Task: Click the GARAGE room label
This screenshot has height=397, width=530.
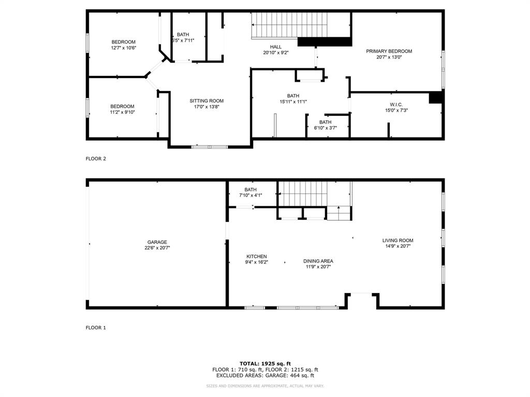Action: (157, 242)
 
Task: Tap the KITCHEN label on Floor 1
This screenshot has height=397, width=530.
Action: (256, 256)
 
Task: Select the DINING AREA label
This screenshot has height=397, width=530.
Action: (318, 261)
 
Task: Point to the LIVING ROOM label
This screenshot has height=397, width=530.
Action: (397, 240)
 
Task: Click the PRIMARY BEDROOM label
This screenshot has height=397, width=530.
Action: (389, 51)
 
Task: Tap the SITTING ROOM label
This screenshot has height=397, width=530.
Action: (207, 101)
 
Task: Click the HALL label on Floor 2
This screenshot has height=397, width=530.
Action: (275, 47)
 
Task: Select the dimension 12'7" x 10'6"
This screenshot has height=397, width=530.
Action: (123, 48)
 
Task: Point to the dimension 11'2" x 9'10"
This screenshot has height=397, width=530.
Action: (122, 112)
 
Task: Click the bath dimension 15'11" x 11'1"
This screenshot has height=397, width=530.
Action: (293, 102)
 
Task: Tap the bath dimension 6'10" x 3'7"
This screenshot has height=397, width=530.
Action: (325, 128)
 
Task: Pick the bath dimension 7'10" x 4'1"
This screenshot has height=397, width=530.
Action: (251, 195)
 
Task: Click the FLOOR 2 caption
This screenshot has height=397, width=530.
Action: (96, 159)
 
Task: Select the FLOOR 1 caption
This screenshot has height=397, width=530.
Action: (96, 327)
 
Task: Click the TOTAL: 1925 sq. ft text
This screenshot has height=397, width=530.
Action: (265, 363)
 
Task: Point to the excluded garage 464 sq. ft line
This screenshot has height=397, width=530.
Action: (265, 376)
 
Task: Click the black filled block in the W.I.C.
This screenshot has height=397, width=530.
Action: (436, 98)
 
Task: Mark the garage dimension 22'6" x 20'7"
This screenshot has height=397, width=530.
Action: (157, 248)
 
